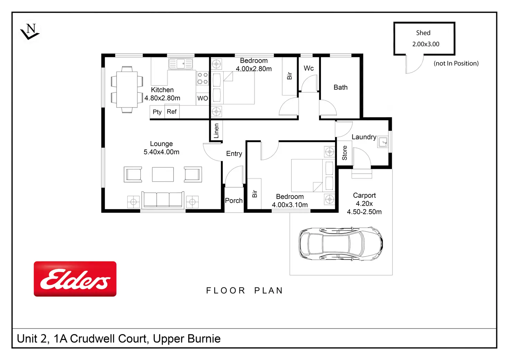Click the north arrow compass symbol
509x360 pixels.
click(x=30, y=31)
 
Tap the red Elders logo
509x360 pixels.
click(x=75, y=279)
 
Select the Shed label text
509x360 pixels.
click(x=423, y=33)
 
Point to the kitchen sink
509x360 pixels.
click(x=181, y=64)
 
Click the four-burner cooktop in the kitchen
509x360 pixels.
click(x=203, y=78)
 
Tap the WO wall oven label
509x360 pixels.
click(x=203, y=98)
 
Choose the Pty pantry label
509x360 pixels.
click(x=157, y=112)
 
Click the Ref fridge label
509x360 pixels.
click(x=172, y=112)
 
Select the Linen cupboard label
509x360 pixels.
click(x=216, y=131)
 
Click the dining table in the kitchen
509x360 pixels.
click(x=127, y=90)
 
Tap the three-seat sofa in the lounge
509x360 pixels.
click(x=163, y=200)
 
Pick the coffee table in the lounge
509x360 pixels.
click(x=163, y=174)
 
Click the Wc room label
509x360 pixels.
click(x=309, y=68)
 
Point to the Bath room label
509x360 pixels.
click(x=341, y=87)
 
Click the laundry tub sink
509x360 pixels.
click(x=383, y=142)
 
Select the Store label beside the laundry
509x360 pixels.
click(x=345, y=153)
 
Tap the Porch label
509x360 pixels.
click(x=234, y=201)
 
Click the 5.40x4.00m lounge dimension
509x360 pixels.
click(x=161, y=152)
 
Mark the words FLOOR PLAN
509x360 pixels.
click(x=244, y=290)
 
